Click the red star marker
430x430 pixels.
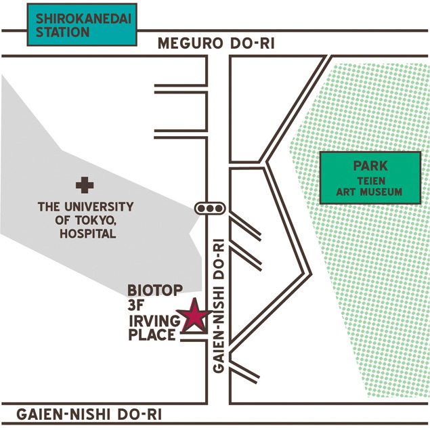pyautogui.click(x=194, y=316)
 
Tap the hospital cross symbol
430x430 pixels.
pyautogui.click(x=85, y=185)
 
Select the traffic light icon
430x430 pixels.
pyautogui.click(x=210, y=209)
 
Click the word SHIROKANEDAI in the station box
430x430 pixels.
pyautogui.click(x=84, y=19)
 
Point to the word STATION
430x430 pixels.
pyautogui.click(x=62, y=32)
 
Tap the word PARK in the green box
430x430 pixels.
pyautogui.click(x=370, y=166)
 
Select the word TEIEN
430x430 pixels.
pyautogui.click(x=371, y=181)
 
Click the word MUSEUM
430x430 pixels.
pyautogui.click(x=381, y=192)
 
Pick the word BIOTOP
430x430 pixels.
pyautogui.click(x=155, y=291)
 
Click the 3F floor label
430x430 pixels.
pyautogui.click(x=135, y=305)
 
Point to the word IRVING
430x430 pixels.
pyautogui.click(x=154, y=320)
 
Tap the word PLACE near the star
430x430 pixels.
pyautogui.click(x=152, y=335)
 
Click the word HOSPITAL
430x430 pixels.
pyautogui.click(x=88, y=234)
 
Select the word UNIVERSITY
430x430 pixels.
pyautogui.click(x=99, y=207)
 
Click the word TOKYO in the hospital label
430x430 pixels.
pyautogui.click(x=94, y=220)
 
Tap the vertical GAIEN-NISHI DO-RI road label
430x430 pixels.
pyautogui.click(x=219, y=306)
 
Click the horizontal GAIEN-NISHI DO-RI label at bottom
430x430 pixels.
pyautogui.click(x=89, y=414)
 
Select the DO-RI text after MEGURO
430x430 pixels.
pyautogui.click(x=253, y=43)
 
